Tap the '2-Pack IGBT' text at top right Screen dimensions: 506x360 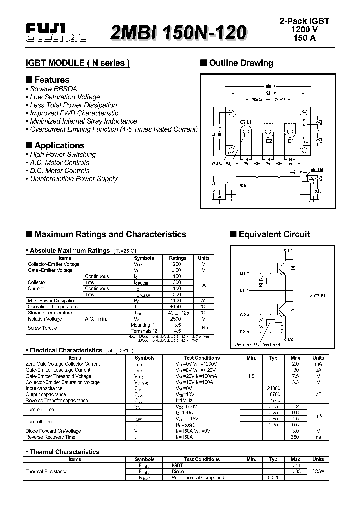click(304, 21)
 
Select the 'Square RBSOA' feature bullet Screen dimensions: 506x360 click(53, 89)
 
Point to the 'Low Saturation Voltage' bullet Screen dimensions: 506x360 click(65, 97)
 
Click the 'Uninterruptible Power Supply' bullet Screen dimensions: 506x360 click(73, 178)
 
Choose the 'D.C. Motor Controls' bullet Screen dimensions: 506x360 click(59, 170)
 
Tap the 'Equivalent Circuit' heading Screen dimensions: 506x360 click(274, 234)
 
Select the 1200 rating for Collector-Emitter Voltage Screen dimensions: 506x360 click(176, 264)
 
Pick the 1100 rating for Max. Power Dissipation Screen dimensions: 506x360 click(176, 301)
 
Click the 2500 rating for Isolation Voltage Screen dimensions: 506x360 click(176, 319)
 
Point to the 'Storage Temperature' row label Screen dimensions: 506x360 click(50, 313)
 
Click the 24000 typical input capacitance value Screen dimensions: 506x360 click(274, 388)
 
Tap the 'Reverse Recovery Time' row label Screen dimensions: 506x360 click(50, 437)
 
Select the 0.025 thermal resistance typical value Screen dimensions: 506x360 click(274, 477)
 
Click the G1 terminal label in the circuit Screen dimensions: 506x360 click(243, 273)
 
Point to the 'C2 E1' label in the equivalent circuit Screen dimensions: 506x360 click(319, 296)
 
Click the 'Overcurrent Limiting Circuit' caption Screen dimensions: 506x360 click(258, 344)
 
